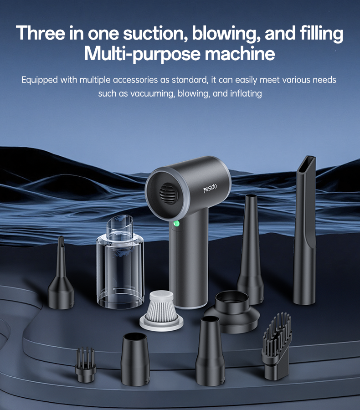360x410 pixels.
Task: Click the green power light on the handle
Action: tap(177, 224)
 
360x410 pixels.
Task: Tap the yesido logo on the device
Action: tap(210, 188)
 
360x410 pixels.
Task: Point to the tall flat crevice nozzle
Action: tap(305, 230)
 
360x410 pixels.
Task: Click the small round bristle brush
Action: tap(86, 365)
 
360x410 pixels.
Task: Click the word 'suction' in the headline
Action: tap(155, 33)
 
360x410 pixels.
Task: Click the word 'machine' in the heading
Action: tap(240, 53)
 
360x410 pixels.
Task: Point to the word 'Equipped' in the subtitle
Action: tap(40, 80)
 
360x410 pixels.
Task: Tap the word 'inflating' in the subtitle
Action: tap(246, 93)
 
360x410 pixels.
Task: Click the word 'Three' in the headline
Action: tap(41, 33)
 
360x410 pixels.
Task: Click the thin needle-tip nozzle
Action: tap(61, 273)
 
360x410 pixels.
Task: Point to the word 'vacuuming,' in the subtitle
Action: tap(153, 93)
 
